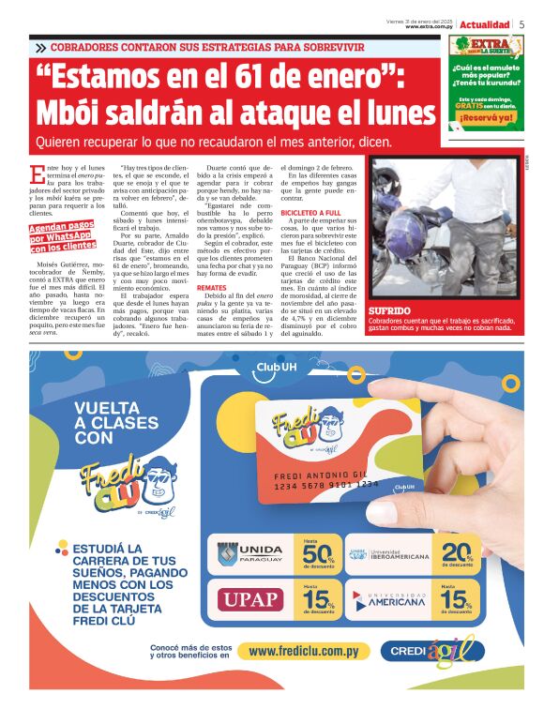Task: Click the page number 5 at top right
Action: coord(521,23)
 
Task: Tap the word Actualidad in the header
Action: coord(484,23)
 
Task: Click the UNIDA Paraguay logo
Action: coord(249,553)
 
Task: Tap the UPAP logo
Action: coord(249,598)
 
